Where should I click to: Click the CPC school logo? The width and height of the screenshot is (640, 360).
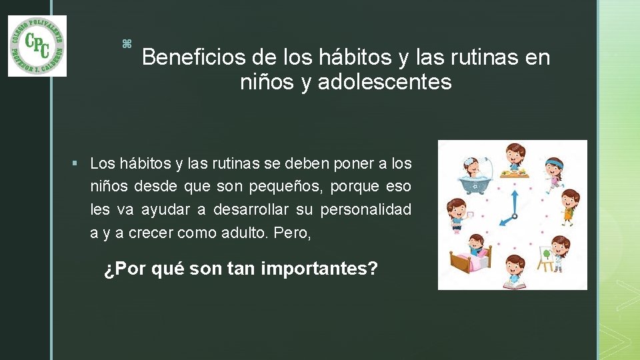pos(37,46)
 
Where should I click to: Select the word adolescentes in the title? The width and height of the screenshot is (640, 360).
pos(385,83)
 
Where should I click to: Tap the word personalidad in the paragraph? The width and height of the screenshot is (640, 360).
pos(366,210)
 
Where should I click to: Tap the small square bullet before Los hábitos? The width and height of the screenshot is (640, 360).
pos(79,164)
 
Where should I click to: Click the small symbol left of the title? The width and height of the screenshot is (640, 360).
pos(127,44)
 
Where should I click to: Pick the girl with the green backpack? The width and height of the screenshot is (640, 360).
pos(569,205)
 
